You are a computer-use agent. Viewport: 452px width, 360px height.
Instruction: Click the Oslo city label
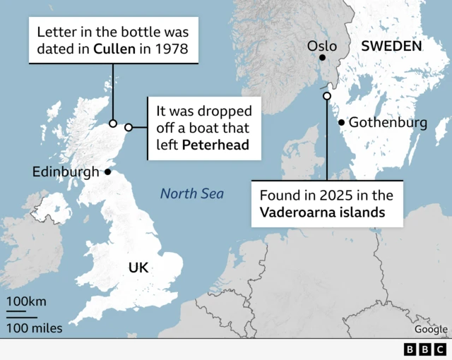click(322, 47)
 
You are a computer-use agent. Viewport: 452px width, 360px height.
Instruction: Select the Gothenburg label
click(388, 123)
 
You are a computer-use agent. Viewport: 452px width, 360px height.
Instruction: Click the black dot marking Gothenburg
click(341, 122)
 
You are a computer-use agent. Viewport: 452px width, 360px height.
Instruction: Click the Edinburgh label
click(66, 172)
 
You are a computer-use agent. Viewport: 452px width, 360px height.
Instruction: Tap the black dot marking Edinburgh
click(107, 172)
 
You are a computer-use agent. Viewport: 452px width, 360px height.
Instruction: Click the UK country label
click(138, 268)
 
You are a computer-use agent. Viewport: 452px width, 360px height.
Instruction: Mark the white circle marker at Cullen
click(113, 124)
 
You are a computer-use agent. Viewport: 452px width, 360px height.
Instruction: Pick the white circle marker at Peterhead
click(129, 128)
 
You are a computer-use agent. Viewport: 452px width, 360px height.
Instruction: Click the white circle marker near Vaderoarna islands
click(326, 96)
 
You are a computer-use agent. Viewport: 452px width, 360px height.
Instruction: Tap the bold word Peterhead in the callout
click(214, 146)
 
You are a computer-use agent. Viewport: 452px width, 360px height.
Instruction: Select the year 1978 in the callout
click(173, 50)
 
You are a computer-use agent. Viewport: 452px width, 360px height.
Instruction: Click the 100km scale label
click(27, 302)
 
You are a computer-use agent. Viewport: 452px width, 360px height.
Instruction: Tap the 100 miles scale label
click(35, 328)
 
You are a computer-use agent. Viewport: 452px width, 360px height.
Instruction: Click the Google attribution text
click(430, 329)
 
